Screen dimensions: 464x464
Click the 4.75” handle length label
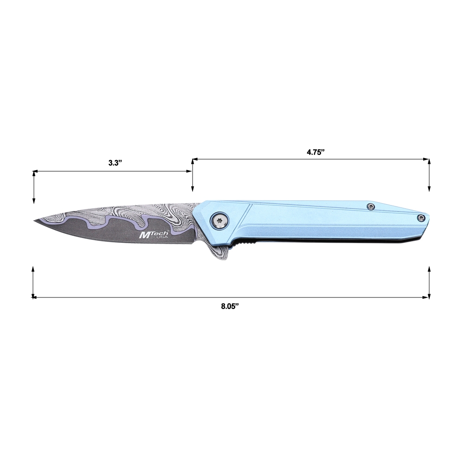(316, 152)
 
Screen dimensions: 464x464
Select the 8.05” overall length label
(230, 307)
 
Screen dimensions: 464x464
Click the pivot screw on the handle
(219, 220)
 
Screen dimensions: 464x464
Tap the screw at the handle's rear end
(421, 218)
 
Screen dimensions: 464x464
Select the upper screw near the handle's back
(370, 206)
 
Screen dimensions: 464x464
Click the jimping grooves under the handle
(245, 242)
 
